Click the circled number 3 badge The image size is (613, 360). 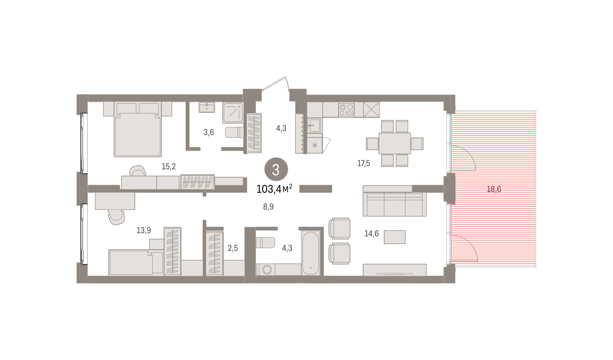click(276, 170)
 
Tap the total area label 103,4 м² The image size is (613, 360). click(274, 189)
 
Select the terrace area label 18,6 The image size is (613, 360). click(493, 189)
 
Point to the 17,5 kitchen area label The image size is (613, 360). click(363, 163)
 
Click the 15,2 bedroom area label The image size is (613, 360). click(169, 166)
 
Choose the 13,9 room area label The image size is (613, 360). click(144, 230)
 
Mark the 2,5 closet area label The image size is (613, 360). click(232, 248)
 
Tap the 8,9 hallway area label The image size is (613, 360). click(268, 207)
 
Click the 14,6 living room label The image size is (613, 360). click(371, 233)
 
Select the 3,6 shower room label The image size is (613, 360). click(208, 132)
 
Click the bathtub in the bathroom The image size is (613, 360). click(311, 253)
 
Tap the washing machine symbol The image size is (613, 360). click(266, 270)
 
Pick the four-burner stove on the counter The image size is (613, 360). click(346, 110)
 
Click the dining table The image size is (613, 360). click(394, 143)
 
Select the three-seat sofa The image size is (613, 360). click(394, 204)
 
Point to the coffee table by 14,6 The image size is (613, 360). click(394, 237)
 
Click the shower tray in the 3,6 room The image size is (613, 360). click(232, 113)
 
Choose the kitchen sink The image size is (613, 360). click(315, 126)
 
